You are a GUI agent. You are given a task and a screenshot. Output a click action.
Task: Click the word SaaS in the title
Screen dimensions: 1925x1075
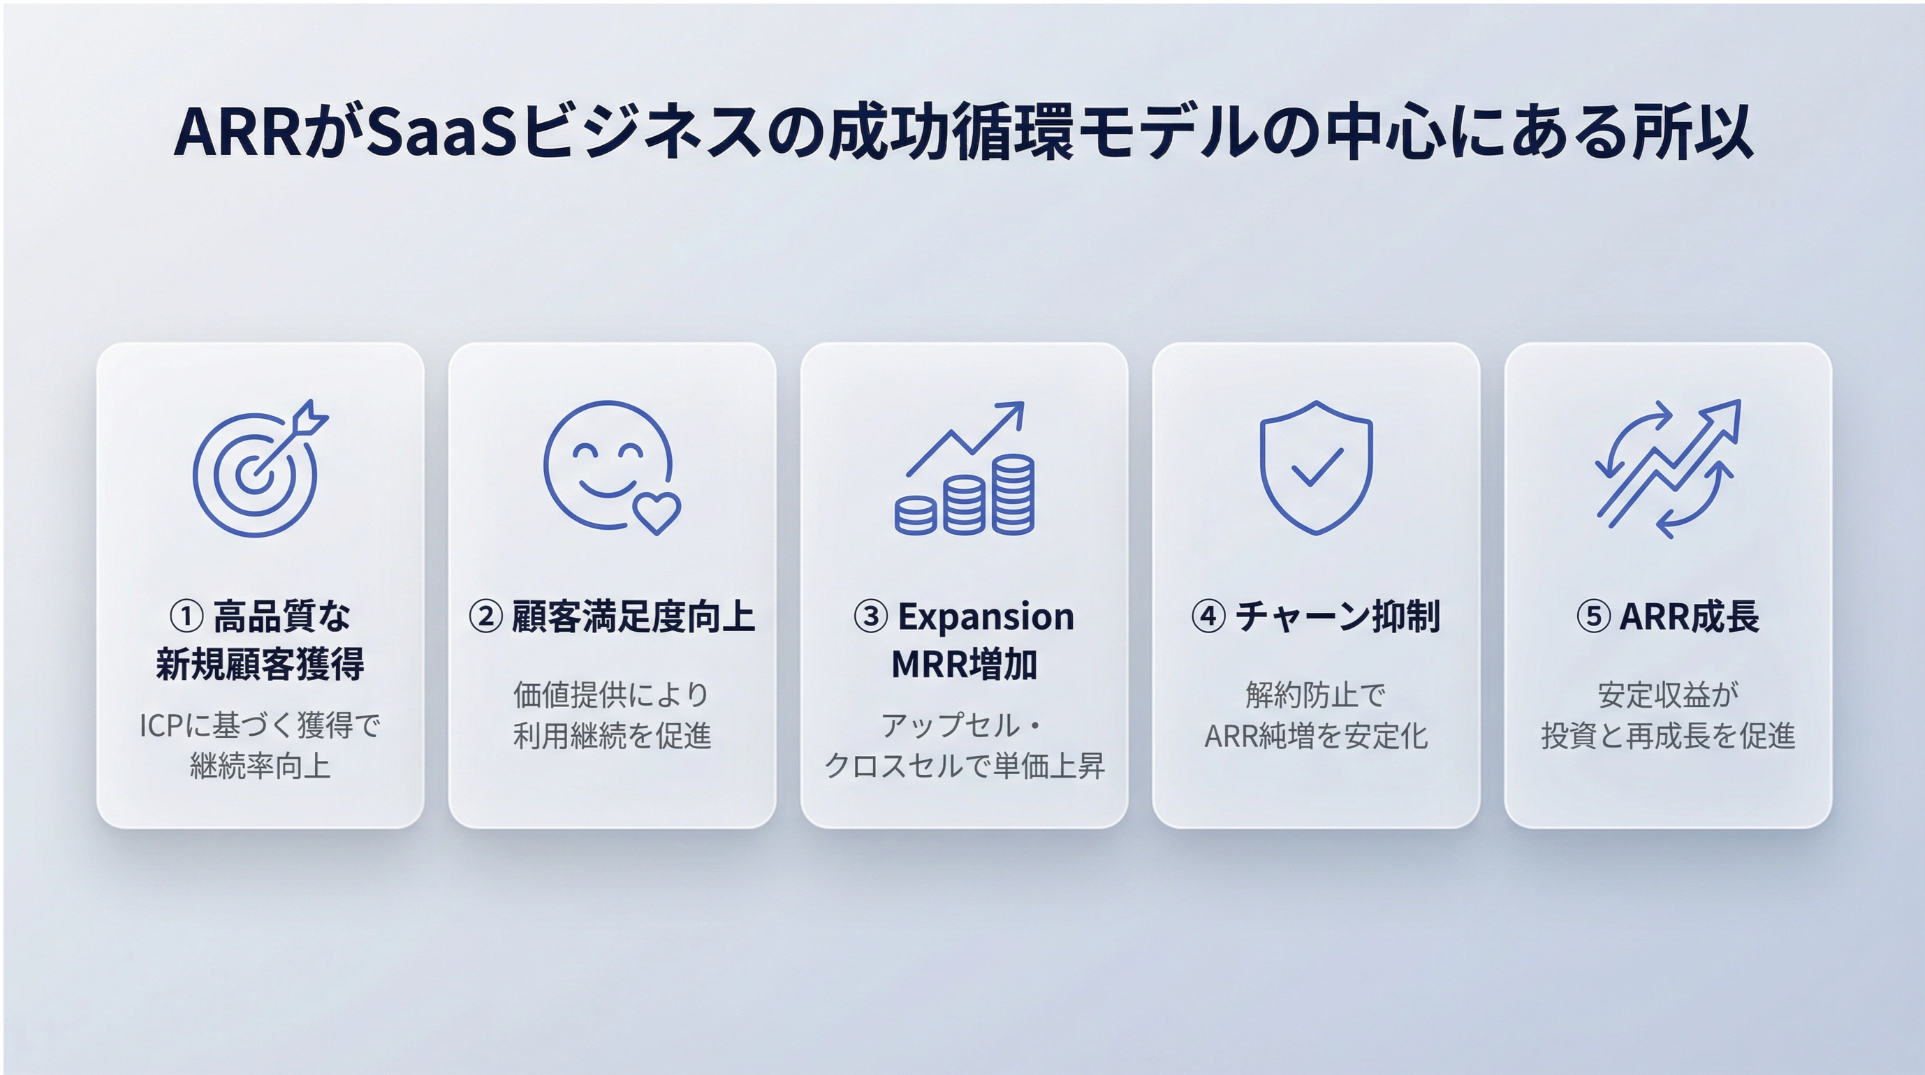tap(441, 132)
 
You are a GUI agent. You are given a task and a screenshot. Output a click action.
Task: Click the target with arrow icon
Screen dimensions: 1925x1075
tap(259, 468)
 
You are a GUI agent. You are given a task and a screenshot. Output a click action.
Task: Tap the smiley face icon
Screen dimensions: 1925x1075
tap(611, 468)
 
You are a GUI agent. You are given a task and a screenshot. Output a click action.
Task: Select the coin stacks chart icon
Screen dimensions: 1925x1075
tap(964, 468)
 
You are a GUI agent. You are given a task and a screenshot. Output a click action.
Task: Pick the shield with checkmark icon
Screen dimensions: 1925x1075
tap(1316, 468)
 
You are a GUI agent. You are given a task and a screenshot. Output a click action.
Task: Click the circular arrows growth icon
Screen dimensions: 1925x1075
tap(1668, 468)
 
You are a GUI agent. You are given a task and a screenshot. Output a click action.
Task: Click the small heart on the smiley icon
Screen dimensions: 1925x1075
tap(656, 512)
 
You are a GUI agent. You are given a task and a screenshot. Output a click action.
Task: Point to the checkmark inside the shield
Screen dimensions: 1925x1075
tap(1317, 468)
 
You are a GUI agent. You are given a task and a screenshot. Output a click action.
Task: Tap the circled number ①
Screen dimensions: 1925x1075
tap(186, 617)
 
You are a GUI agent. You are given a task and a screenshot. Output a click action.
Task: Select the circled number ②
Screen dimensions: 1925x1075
tap(485, 617)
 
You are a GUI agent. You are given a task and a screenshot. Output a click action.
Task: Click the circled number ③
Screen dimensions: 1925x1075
tap(870, 617)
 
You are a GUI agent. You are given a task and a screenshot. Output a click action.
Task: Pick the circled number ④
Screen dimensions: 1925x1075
tap(1208, 617)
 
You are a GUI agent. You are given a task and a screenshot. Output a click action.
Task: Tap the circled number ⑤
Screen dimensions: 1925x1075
tap(1593, 617)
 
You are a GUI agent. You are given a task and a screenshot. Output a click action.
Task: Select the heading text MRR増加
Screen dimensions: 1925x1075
tap(964, 664)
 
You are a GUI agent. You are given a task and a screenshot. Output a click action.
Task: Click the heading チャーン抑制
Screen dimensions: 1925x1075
tap(1337, 617)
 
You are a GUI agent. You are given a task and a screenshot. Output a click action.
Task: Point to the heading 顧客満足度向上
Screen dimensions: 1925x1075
tap(633, 617)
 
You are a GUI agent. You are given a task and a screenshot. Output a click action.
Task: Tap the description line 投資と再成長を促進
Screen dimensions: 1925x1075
tap(1668, 736)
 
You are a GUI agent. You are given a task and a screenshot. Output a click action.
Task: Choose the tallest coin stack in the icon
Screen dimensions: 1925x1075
tap(1013, 494)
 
